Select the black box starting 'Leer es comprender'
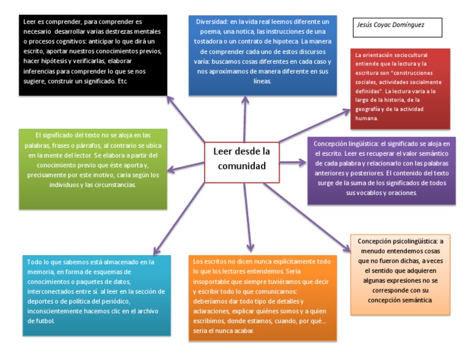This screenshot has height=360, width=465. coord(93,55)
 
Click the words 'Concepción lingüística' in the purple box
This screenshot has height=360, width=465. coord(343,144)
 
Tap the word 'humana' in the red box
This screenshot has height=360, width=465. coord(368,118)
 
